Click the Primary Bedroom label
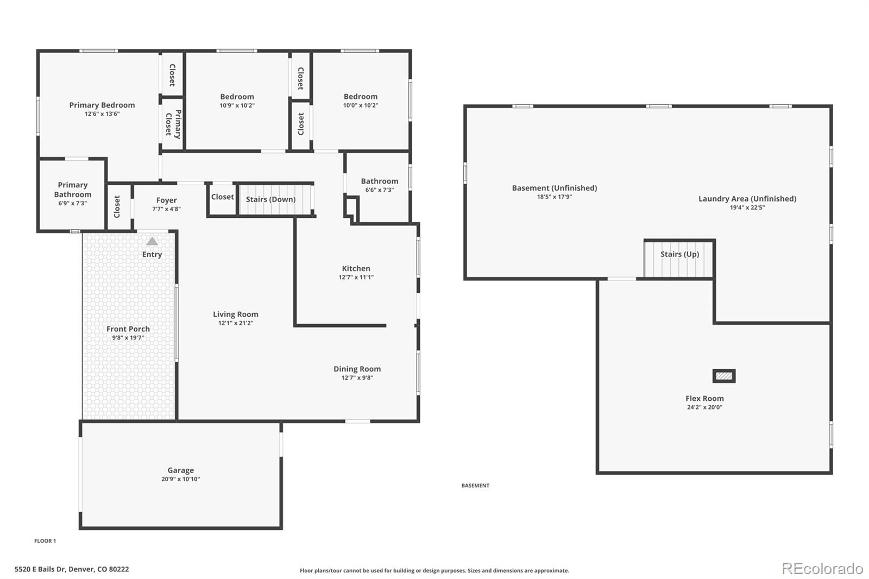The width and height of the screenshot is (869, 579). pyautogui.click(x=102, y=105)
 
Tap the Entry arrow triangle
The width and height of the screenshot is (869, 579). pyautogui.click(x=152, y=241)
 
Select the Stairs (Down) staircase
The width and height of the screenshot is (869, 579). pyautogui.click(x=276, y=199)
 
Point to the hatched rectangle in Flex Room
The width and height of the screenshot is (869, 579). pyautogui.click(x=724, y=376)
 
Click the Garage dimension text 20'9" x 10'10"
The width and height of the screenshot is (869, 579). pyautogui.click(x=180, y=479)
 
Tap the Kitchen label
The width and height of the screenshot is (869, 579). pyautogui.click(x=356, y=268)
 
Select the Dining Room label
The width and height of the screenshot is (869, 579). pyautogui.click(x=357, y=369)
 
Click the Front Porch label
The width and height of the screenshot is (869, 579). pyautogui.click(x=128, y=329)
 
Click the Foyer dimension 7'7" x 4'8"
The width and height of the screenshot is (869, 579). pyautogui.click(x=166, y=209)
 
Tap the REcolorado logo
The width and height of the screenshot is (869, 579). pyautogui.click(x=822, y=569)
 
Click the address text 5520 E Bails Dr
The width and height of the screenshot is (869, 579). pyautogui.click(x=71, y=569)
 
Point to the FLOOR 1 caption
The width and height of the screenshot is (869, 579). pyautogui.click(x=45, y=541)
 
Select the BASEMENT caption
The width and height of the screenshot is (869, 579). pyautogui.click(x=475, y=486)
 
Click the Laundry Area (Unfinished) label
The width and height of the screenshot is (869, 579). pyautogui.click(x=747, y=199)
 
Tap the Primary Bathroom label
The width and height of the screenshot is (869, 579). pyautogui.click(x=72, y=190)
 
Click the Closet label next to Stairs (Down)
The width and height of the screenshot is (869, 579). pyautogui.click(x=222, y=197)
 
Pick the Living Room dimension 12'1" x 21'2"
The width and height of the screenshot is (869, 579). pyautogui.click(x=235, y=323)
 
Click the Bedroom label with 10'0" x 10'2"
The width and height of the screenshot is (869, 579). pyautogui.click(x=360, y=97)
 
